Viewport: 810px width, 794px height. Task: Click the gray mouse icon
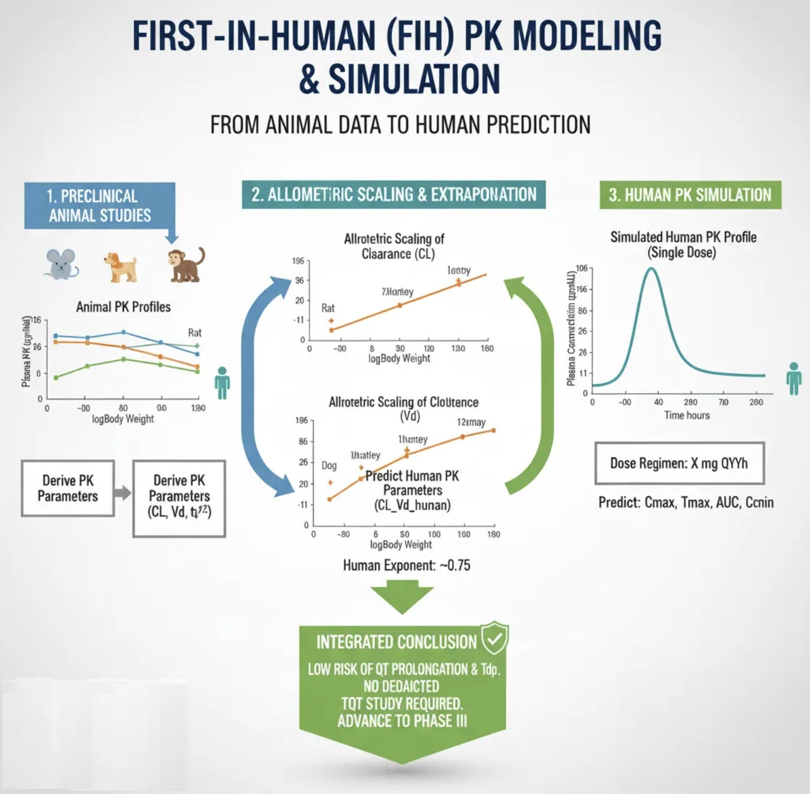pyautogui.click(x=61, y=263)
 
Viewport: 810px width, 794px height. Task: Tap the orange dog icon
pyautogui.click(x=121, y=266)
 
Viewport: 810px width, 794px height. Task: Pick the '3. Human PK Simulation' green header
pyautogui.click(x=690, y=195)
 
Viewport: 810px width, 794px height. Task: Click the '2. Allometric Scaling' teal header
pyautogui.click(x=394, y=195)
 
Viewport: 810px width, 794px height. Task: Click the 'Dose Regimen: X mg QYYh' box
pyautogui.click(x=679, y=463)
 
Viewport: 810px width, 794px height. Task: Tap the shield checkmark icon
pyautogui.click(x=494, y=638)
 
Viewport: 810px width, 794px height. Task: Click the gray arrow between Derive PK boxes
pyautogui.click(x=123, y=492)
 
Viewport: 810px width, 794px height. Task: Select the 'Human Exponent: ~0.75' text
pyautogui.click(x=407, y=566)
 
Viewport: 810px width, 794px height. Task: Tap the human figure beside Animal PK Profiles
pyautogui.click(x=222, y=383)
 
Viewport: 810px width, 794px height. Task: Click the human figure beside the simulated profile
pyautogui.click(x=793, y=378)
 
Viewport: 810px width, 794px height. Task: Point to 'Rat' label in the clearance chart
pyautogui.click(x=328, y=308)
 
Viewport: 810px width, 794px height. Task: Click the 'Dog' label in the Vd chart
pyautogui.click(x=329, y=466)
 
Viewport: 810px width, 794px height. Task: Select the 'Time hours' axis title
pyautogui.click(x=687, y=416)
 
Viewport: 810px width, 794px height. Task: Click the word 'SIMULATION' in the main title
pyautogui.click(x=414, y=80)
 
